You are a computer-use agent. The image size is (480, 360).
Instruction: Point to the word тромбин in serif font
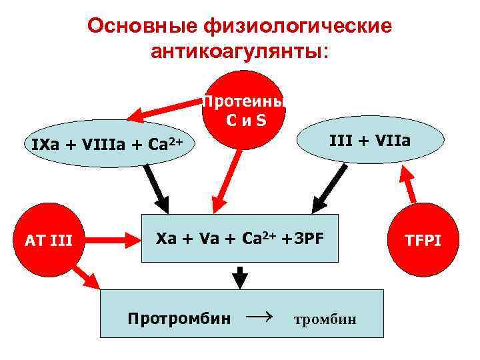tap(325, 319)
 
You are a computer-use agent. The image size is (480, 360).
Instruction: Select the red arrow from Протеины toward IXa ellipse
tap(163, 112)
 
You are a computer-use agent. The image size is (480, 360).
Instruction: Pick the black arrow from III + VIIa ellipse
tap(330, 187)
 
